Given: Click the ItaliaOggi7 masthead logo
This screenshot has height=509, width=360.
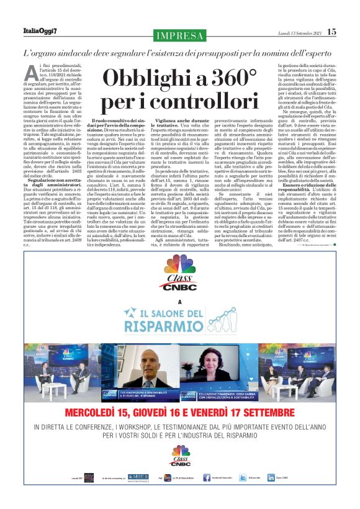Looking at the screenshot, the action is [x=40, y=31].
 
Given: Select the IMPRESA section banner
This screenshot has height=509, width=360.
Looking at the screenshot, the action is [x=180, y=36].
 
